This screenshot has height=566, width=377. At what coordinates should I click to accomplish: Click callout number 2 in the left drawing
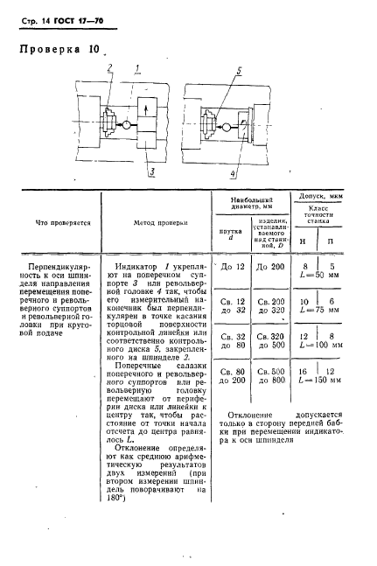point(110,66)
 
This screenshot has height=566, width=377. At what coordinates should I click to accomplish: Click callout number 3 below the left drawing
point(151,171)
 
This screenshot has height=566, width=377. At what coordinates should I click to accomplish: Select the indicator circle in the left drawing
point(126,124)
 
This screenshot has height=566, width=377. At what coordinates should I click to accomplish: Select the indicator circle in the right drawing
point(227,128)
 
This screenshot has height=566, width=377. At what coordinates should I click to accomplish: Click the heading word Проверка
point(47,49)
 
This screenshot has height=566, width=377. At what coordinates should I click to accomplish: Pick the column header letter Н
point(302,240)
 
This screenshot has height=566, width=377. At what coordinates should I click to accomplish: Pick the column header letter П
point(330,240)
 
